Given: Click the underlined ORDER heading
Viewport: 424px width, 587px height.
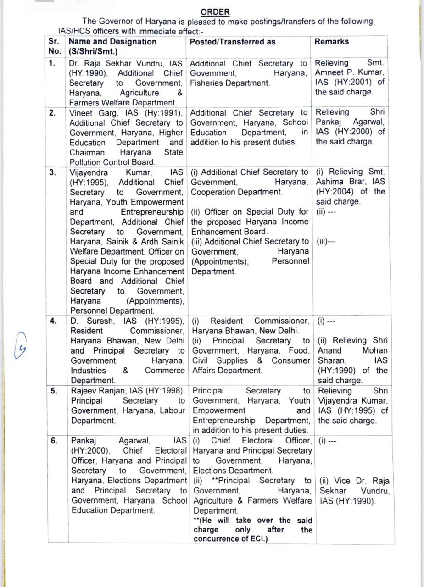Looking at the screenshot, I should point(215,12).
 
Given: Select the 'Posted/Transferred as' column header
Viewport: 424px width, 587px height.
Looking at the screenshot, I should point(233,42).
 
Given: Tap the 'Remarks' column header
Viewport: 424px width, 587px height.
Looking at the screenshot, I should point(331,41).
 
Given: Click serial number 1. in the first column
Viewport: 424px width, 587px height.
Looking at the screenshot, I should point(53,63).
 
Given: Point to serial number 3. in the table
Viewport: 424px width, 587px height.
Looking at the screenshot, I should point(53,172).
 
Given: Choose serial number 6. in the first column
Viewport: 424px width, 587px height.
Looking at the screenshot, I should point(55,441).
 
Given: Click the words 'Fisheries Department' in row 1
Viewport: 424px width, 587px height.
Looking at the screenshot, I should point(229,83).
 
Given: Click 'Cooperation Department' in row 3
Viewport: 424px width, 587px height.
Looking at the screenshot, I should point(237,192).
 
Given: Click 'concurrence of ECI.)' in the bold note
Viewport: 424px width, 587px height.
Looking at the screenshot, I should point(231,539).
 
